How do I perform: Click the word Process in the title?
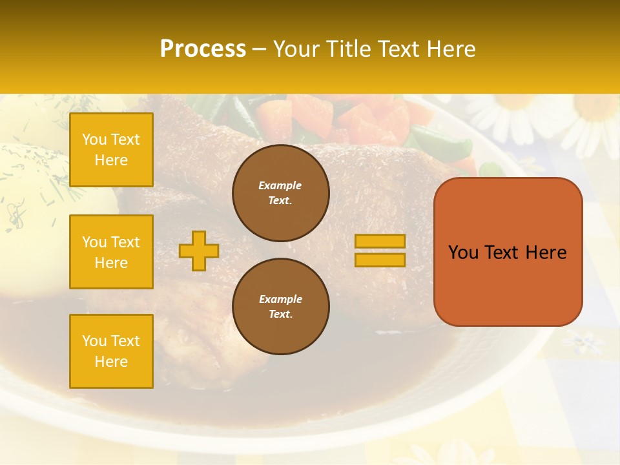[203, 49]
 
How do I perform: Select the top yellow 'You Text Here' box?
[111, 150]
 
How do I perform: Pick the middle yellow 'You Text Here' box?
[111, 252]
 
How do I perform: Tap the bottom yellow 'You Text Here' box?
[111, 351]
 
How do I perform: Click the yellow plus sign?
[199, 251]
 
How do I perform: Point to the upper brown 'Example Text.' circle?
[280, 193]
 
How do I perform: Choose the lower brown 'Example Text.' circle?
[280, 306]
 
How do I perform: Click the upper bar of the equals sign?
[380, 241]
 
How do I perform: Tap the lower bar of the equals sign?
[380, 260]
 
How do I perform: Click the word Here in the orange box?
[546, 253]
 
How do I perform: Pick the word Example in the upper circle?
[280, 185]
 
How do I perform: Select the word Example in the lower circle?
[280, 299]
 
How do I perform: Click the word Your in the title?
[294, 49]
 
